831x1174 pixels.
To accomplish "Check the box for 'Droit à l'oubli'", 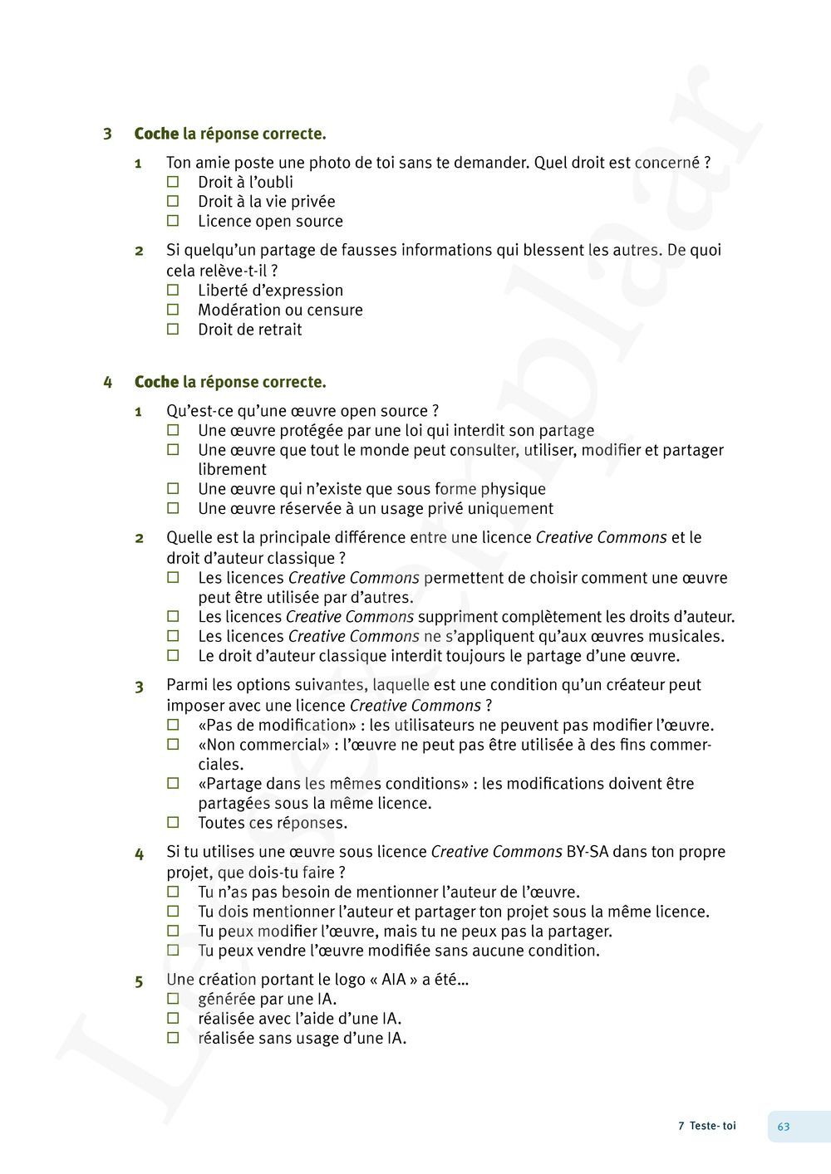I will tap(173, 181).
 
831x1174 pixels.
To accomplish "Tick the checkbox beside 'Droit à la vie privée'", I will tap(173, 201).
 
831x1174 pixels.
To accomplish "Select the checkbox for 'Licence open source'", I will tap(173, 221).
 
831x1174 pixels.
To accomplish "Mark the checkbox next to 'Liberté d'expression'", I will tap(173, 290).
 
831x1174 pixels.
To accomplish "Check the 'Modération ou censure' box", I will tap(173, 310).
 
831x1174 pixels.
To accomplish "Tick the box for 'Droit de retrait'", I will tap(173, 329).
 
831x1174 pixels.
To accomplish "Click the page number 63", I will tap(784, 1127).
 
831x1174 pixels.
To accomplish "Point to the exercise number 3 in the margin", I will tap(107, 134).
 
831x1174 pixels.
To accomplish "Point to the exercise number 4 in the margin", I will tap(107, 382).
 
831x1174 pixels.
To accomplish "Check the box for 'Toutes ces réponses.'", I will tap(173, 823).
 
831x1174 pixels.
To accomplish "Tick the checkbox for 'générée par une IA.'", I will tap(173, 999).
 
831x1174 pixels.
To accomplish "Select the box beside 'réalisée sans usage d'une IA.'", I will tap(173, 1038).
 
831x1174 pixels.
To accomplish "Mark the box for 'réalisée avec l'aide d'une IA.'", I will tap(173, 1018).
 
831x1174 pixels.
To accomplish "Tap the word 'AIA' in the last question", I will tap(394, 980).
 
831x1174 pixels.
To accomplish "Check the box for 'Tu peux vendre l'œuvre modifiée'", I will tap(173, 950).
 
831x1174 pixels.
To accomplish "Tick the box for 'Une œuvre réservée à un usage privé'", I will tap(173, 508).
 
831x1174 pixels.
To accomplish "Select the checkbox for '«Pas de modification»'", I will tap(173, 725).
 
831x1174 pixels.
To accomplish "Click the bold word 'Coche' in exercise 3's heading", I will tap(156, 134).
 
